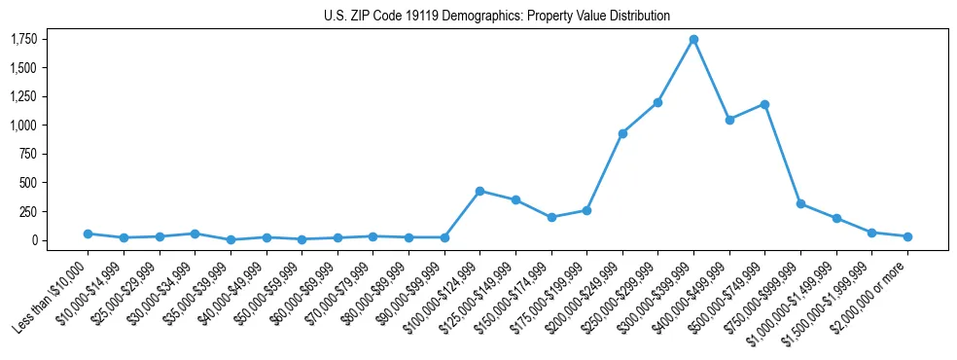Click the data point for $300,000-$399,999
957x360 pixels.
pyautogui.click(x=693, y=40)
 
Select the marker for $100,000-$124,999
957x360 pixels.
pyautogui.click(x=479, y=191)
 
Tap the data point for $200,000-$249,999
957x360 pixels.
pyautogui.click(x=622, y=133)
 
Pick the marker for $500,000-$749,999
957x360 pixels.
pyautogui.click(x=764, y=104)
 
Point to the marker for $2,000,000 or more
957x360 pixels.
pyautogui.click(x=907, y=236)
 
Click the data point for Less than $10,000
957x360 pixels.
pyautogui.click(x=88, y=234)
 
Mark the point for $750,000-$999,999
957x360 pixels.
pyautogui.click(x=800, y=203)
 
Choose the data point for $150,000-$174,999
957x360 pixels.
pyautogui.click(x=551, y=217)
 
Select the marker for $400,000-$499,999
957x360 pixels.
pyautogui.click(x=729, y=120)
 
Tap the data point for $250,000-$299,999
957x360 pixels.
pyautogui.click(x=658, y=102)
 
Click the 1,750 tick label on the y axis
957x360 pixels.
pyautogui.click(x=24, y=39)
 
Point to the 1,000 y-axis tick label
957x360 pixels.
pyautogui.click(x=24, y=126)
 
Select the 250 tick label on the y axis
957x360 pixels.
pyautogui.click(x=29, y=211)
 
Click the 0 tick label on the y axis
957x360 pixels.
pyautogui.click(x=35, y=240)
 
